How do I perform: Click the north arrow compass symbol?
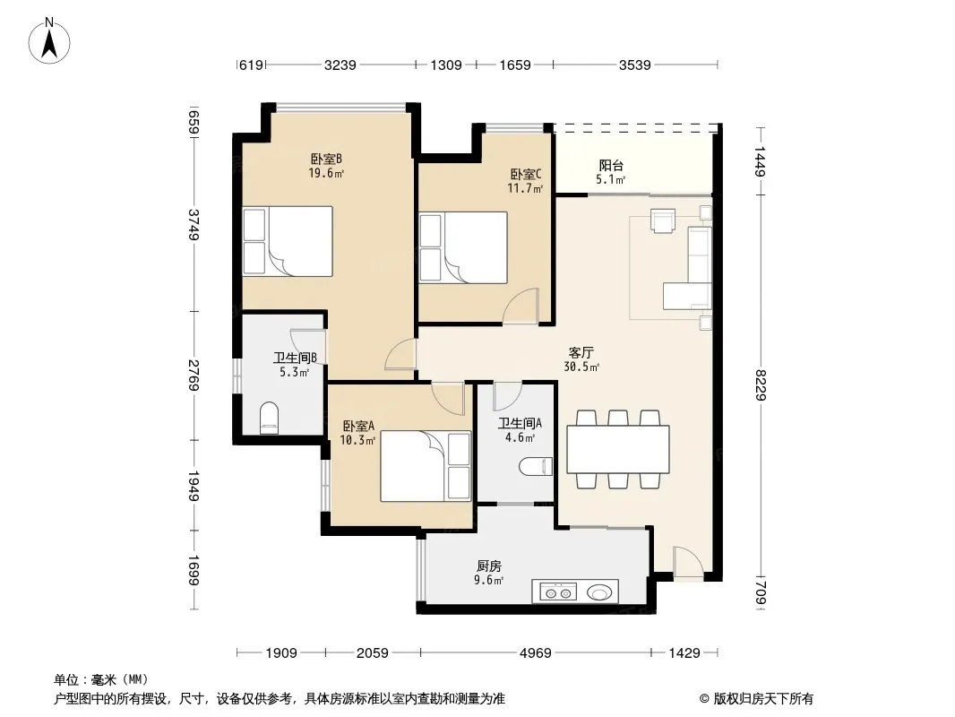[49, 41]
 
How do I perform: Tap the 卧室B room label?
[326, 159]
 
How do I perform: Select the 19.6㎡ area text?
[326, 174]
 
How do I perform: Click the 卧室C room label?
[526, 174]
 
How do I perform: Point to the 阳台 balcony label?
[611, 165]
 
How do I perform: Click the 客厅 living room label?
[581, 352]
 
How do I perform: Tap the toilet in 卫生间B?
[269, 418]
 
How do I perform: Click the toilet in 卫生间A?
[536, 467]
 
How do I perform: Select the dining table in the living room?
[617, 450]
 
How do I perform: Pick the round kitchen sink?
[599, 592]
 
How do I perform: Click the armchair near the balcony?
[663, 220]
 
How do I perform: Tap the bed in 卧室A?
[426, 467]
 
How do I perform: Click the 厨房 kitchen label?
[489, 566]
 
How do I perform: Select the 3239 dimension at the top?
[340, 65]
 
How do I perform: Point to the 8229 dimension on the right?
[760, 385]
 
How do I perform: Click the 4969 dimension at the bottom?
[536, 653]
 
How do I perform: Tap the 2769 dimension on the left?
[194, 376]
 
